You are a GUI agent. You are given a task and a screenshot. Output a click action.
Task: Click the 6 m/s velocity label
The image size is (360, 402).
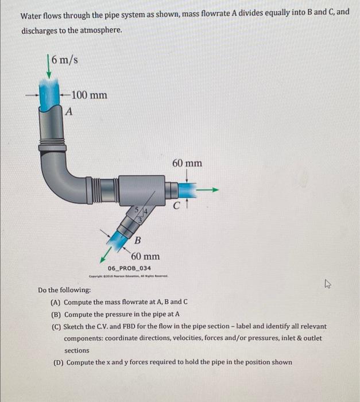coord(64,60)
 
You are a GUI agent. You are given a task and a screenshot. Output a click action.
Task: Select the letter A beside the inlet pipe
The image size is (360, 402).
coord(69,112)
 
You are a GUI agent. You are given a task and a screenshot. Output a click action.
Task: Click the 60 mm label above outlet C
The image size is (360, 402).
coord(187,163)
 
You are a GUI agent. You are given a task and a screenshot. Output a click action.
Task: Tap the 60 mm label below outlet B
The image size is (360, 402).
coord(146,256)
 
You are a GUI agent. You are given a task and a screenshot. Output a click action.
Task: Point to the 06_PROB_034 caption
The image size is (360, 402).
coord(130,268)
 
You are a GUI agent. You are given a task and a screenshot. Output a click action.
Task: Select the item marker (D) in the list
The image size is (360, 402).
coord(56,362)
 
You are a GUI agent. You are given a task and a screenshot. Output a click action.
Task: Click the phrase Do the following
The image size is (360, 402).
coord(64,291)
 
